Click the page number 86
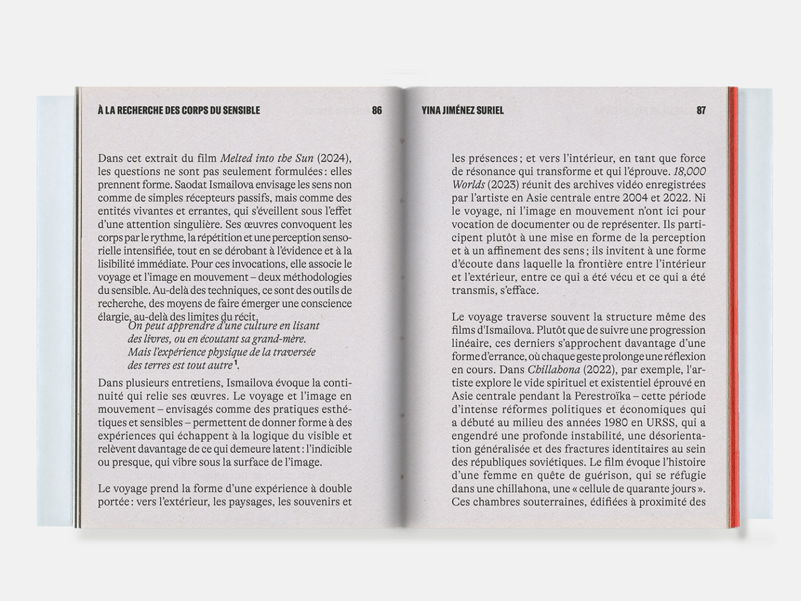377,110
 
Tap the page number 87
701,110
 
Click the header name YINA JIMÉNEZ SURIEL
463,110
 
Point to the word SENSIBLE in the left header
241,110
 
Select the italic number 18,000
689,171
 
